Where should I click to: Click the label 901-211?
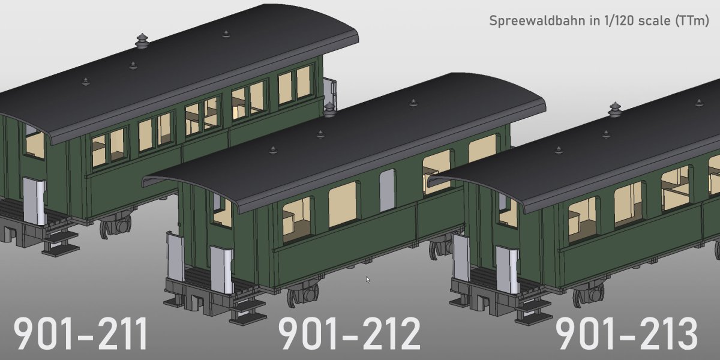click(x=81, y=334)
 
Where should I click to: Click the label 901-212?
click(x=350, y=334)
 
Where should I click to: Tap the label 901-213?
click(x=627, y=334)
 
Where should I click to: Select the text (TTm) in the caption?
click(x=692, y=21)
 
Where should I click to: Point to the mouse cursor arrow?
click(x=368, y=279)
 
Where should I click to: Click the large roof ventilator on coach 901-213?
click(x=615, y=110)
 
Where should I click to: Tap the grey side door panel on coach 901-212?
click(x=388, y=190)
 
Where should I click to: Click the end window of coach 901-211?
click(x=34, y=143)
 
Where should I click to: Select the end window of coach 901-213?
click(x=507, y=210)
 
